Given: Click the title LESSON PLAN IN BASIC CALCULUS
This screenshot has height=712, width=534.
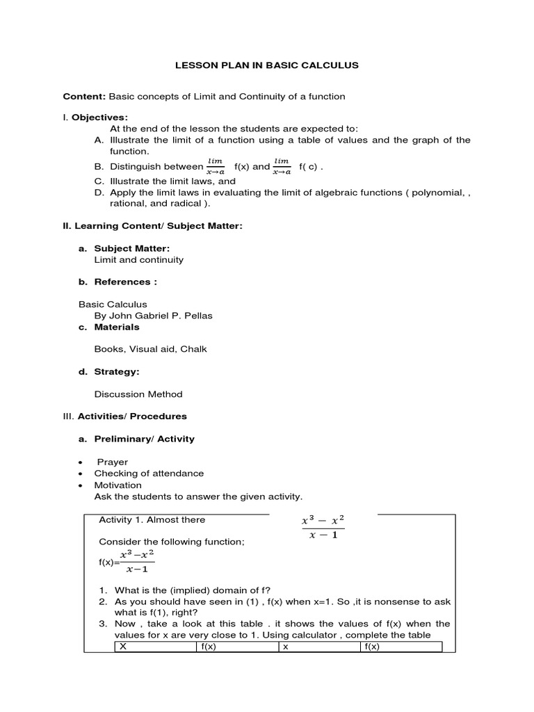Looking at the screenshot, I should [x=266, y=65].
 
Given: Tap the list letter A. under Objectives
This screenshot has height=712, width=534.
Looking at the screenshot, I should [x=98, y=140].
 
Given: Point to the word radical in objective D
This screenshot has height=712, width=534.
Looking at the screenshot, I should [x=188, y=204].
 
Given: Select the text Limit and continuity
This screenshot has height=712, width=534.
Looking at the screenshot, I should [x=139, y=259].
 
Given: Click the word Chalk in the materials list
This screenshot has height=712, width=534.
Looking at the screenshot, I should [x=193, y=349].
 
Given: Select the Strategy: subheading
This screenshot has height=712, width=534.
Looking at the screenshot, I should [x=117, y=371].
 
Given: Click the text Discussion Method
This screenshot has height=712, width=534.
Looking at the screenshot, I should [x=138, y=394].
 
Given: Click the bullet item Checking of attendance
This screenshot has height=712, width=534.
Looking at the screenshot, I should [x=149, y=473].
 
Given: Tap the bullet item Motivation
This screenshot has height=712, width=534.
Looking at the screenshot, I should [x=118, y=485].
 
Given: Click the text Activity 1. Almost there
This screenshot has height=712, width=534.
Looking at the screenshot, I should [x=152, y=519].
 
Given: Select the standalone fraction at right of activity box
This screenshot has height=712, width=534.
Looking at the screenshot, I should [x=323, y=528].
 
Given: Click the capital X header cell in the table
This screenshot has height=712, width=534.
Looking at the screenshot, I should [x=124, y=647].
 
